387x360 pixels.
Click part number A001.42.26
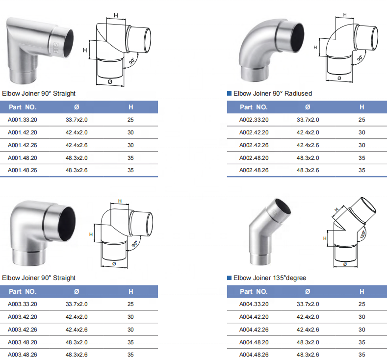(x=23, y=145)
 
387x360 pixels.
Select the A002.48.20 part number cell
(x=254, y=158)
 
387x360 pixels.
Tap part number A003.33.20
(x=23, y=304)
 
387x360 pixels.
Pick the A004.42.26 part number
(x=254, y=330)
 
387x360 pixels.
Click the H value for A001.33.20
(x=130, y=120)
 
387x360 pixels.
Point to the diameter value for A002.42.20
(x=308, y=132)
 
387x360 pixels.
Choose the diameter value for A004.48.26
(x=308, y=355)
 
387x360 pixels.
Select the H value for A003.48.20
(x=130, y=342)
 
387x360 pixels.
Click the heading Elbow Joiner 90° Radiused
(x=273, y=94)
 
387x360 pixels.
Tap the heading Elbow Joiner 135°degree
(x=270, y=278)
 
